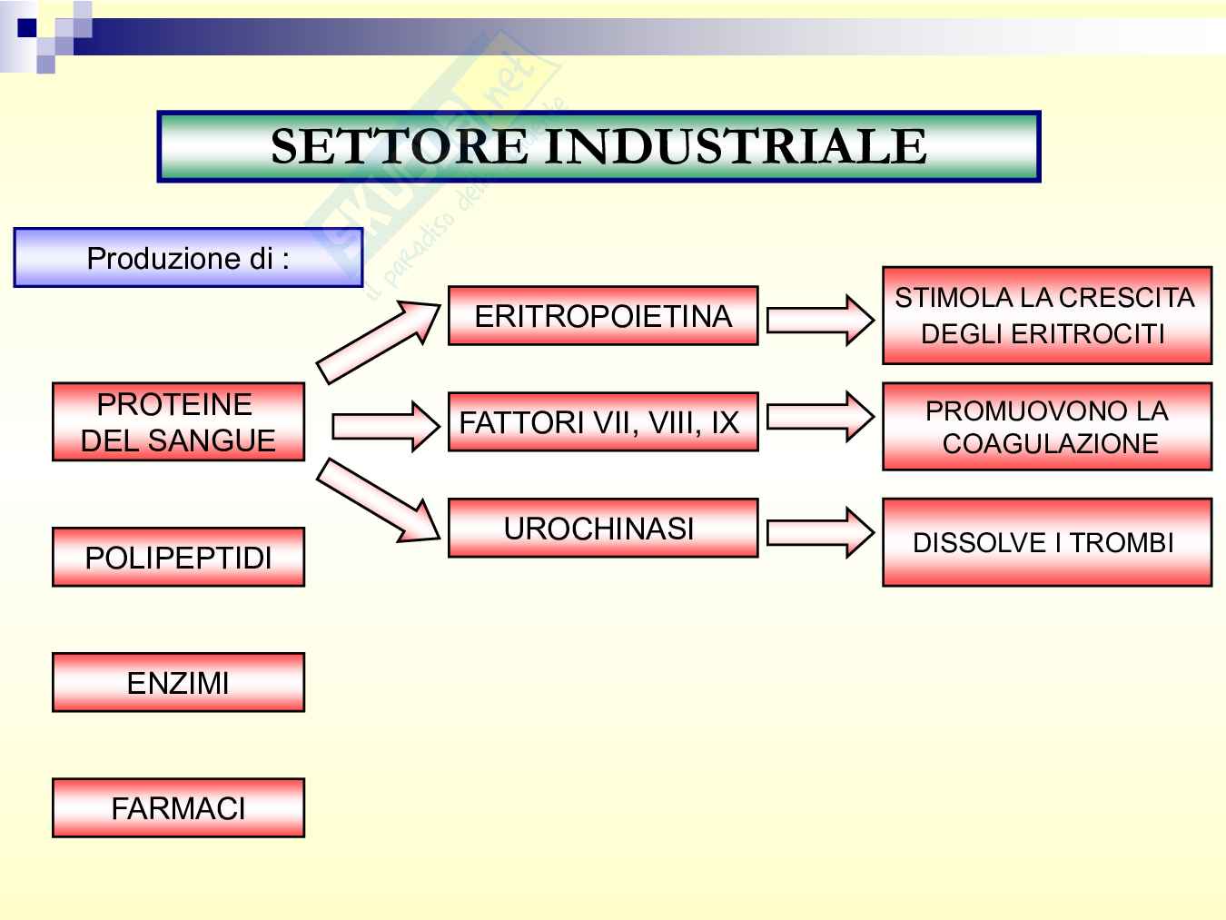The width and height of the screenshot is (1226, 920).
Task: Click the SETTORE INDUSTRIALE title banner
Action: pyautogui.click(x=598, y=146)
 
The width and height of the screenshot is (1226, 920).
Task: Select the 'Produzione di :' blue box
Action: pyautogui.click(x=188, y=259)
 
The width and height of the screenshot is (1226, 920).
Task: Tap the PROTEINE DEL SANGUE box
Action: pyautogui.click(x=178, y=422)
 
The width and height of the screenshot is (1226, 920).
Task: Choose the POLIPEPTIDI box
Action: pyautogui.click(x=178, y=557)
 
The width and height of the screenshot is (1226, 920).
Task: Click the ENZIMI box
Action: pyautogui.click(x=178, y=682)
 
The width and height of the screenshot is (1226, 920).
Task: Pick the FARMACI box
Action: pyautogui.click(x=178, y=807)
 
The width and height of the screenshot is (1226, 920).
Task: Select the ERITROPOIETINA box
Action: pyautogui.click(x=603, y=316)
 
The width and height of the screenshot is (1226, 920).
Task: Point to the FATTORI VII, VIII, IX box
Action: pyautogui.click(x=603, y=422)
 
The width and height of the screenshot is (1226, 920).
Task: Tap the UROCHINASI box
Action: pyautogui.click(x=603, y=528)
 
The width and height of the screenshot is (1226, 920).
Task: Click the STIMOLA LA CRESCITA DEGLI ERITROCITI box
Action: pyautogui.click(x=1047, y=315)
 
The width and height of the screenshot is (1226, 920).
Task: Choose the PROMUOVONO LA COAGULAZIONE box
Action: pyautogui.click(x=1047, y=427)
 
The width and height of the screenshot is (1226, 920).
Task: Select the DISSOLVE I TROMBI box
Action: pyautogui.click(x=1047, y=542)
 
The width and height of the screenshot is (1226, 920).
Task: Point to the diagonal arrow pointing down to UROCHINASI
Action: pyautogui.click(x=378, y=501)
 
